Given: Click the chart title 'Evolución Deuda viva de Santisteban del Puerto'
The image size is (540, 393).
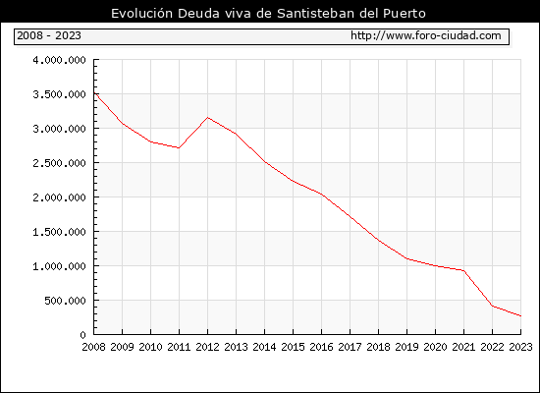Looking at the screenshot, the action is (x=268, y=13).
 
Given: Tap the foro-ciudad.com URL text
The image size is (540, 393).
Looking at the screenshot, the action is (x=426, y=35).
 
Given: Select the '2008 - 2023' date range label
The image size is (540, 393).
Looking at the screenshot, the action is (x=49, y=35).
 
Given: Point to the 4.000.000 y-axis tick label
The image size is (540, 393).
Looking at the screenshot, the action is (x=59, y=60).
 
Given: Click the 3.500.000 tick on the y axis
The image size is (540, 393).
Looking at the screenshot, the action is (x=59, y=94).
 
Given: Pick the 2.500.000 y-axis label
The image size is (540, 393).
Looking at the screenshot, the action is (x=59, y=163).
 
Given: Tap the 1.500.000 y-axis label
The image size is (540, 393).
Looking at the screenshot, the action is (x=59, y=232).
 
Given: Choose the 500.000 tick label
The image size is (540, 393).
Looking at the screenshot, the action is (x=65, y=301).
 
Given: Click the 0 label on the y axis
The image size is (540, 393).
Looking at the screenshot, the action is (x=83, y=335).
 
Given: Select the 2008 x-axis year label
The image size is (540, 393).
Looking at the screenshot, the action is (x=93, y=347).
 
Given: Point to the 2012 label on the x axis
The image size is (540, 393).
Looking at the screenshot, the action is (x=208, y=347).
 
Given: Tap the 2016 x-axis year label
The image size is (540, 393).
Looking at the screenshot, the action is (x=322, y=347).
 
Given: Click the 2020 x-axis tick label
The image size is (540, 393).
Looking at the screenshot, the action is (x=435, y=347).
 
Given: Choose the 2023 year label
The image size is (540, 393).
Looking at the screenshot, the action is (x=520, y=347).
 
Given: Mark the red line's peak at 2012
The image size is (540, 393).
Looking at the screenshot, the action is (x=208, y=118).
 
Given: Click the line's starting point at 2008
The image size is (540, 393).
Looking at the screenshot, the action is (x=94, y=93).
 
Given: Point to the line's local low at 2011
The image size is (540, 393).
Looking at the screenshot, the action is (x=179, y=148).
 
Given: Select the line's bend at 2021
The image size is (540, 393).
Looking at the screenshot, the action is (x=463, y=270).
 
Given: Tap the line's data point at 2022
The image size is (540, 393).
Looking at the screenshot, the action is (x=493, y=307).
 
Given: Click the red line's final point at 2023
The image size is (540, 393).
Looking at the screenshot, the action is (x=520, y=315).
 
